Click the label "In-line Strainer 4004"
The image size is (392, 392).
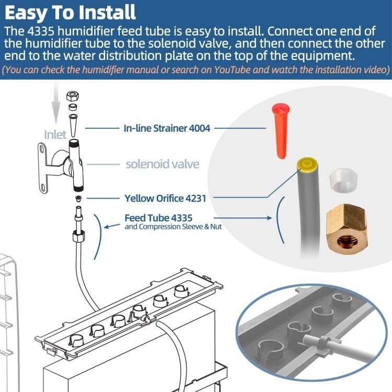pyautogui.click(x=167, y=127)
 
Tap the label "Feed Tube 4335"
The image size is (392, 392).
pyautogui.click(x=156, y=217)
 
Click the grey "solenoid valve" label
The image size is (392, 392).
pyautogui.click(x=163, y=164)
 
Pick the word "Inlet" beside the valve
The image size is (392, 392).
pyautogui.click(x=55, y=135)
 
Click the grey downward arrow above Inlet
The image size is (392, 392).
pyautogui.click(x=53, y=105)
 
